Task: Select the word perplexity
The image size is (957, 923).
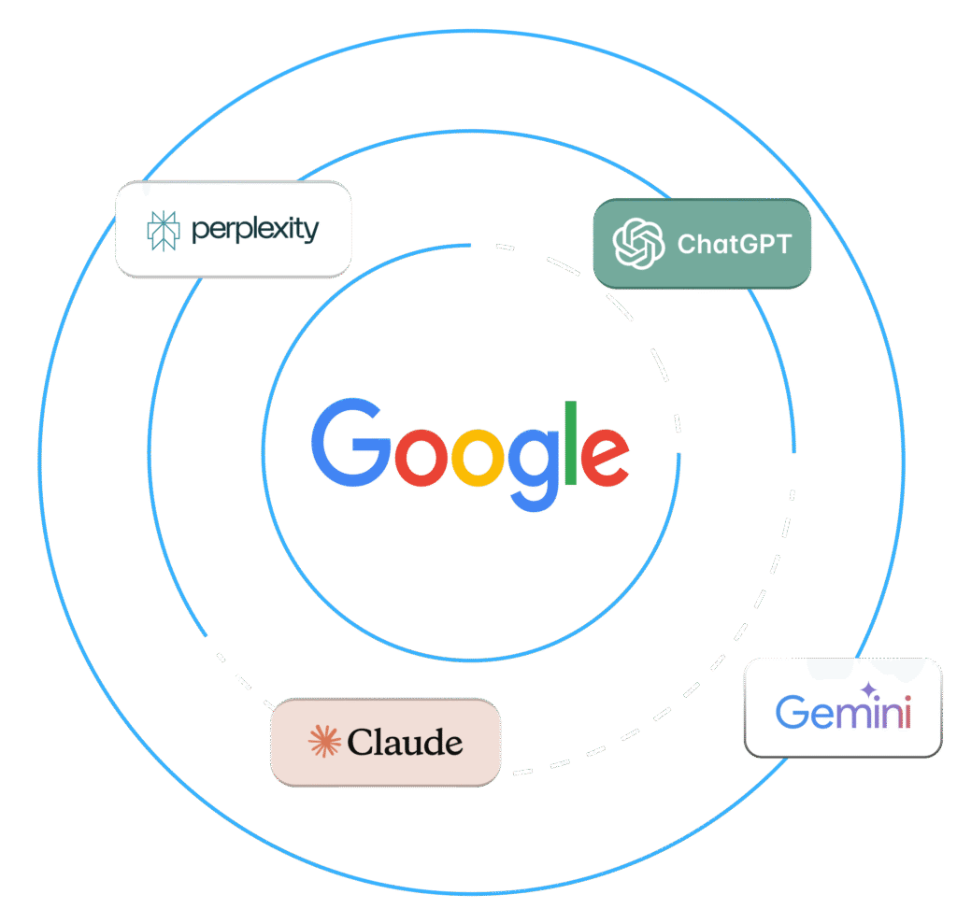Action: tap(255, 230)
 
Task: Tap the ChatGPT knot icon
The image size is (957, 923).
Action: tap(638, 243)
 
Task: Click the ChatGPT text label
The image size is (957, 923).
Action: tap(734, 245)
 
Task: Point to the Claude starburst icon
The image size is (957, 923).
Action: tap(323, 742)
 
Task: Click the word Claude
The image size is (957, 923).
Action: tap(405, 743)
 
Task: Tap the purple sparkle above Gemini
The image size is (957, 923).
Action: tap(869, 690)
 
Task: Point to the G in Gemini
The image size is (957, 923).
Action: tap(793, 712)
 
